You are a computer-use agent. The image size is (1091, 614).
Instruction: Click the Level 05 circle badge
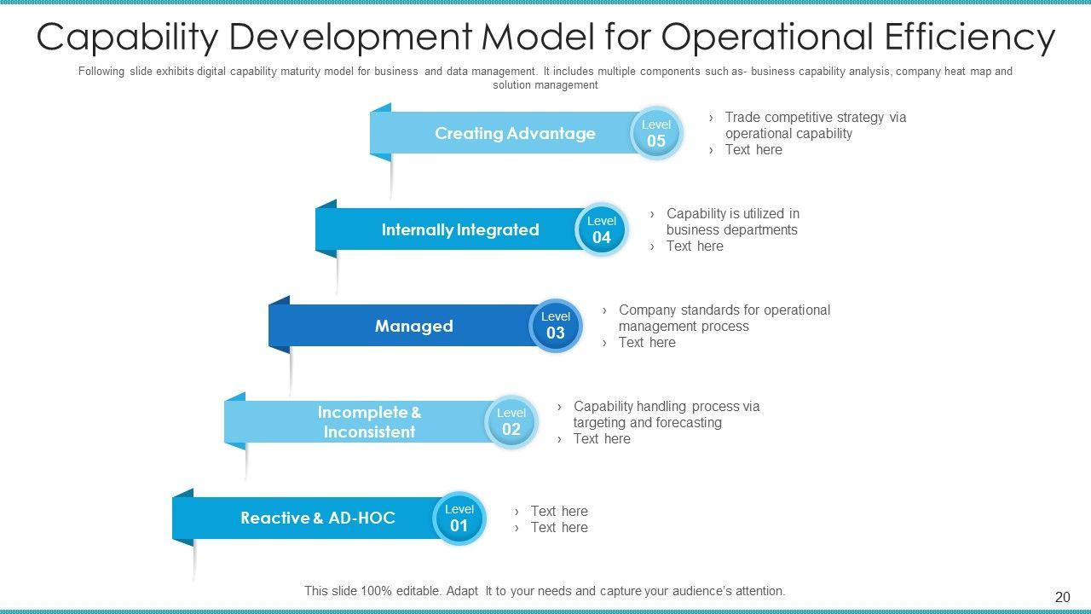point(656,133)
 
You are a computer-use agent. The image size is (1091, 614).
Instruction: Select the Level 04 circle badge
point(602,229)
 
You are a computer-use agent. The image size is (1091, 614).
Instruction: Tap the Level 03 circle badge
point(556,325)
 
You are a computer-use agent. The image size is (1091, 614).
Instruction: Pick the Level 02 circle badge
point(511,421)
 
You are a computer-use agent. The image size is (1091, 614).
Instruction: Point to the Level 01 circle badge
point(459,518)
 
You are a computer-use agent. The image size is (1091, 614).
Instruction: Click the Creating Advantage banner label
point(515,134)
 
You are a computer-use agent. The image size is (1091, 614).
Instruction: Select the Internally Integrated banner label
point(460,230)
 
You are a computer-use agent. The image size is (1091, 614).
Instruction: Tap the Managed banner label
point(413,327)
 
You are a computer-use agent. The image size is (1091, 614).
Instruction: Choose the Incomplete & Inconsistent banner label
point(369,422)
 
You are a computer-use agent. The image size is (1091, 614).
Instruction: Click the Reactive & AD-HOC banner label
point(318,518)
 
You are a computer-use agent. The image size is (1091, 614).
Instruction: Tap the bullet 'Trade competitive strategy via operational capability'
point(815,125)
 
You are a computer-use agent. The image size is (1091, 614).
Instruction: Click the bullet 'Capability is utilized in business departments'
point(732,222)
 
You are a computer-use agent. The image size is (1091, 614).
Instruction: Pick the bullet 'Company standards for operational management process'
point(724,318)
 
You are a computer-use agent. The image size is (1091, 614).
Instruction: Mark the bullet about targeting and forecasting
point(666,414)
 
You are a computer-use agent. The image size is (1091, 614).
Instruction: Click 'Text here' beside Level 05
point(753,150)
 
